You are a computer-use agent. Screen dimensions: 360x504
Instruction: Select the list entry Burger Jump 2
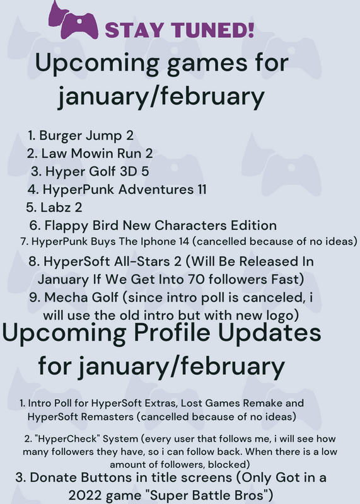tap(81, 135)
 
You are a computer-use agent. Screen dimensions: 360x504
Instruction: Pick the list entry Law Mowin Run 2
tap(90, 153)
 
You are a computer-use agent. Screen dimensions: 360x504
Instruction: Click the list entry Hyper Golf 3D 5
tap(90, 171)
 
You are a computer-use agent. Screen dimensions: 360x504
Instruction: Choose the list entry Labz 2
tap(54, 207)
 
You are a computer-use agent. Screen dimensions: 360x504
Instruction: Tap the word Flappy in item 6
tap(66, 226)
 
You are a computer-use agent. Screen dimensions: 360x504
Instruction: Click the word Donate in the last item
tap(53, 478)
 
